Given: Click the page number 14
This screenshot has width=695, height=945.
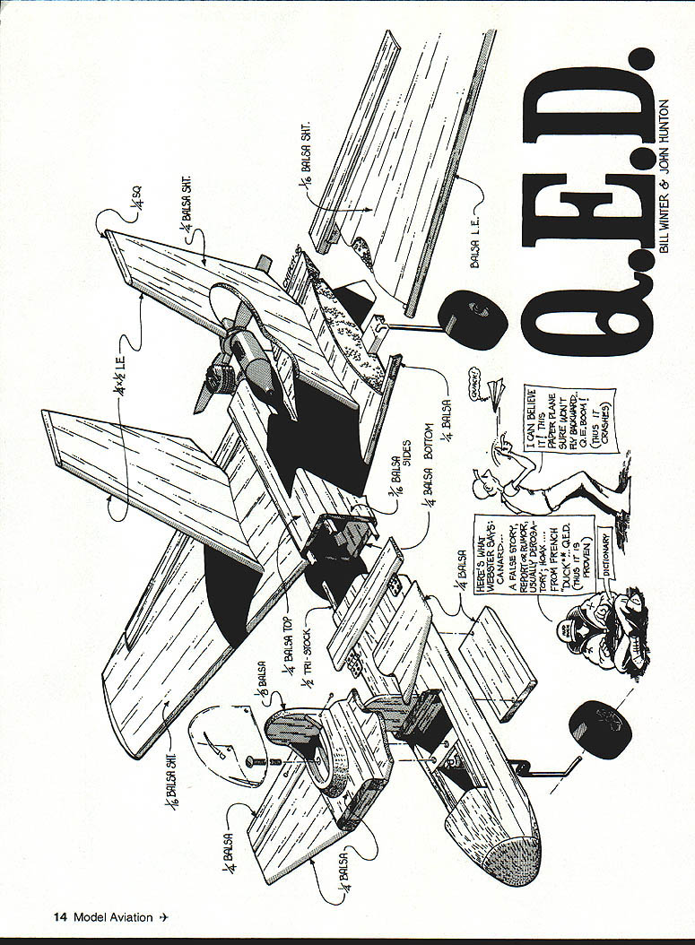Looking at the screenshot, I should [x=61, y=916].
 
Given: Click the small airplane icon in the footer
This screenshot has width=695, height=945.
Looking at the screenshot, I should [x=164, y=916].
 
